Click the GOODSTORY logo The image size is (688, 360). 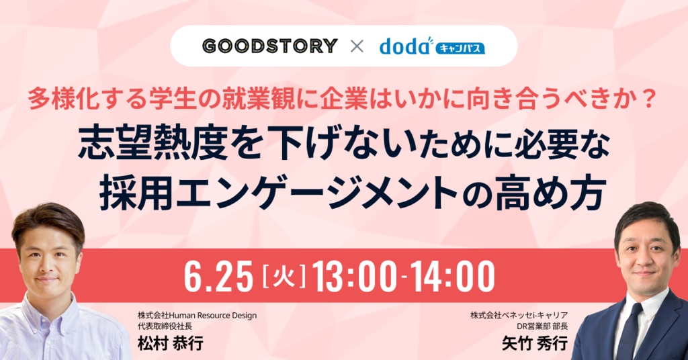pyautogui.click(x=270, y=46)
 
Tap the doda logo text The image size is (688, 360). pyautogui.click(x=404, y=46)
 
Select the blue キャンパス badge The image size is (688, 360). pyautogui.click(x=460, y=48)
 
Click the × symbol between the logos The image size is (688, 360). pyautogui.click(x=357, y=46)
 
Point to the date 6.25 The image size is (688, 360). pyautogui.click(x=218, y=276)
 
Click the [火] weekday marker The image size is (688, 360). pyautogui.click(x=283, y=276)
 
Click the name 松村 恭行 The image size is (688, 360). pyautogui.click(x=170, y=343)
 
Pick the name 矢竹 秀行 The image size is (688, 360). pyautogui.click(x=535, y=343)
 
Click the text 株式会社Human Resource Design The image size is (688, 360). pyautogui.click(x=197, y=315)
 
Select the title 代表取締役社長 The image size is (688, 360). pyautogui.click(x=165, y=326)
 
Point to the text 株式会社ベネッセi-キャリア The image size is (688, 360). pyautogui.click(x=519, y=315)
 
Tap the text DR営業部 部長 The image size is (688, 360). pyautogui.click(x=542, y=326)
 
